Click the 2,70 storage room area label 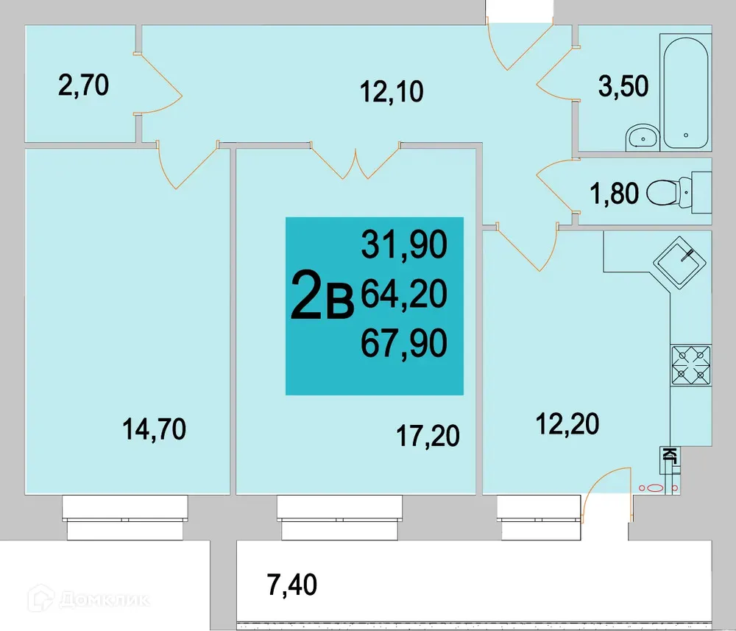[83, 85]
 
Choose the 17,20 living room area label [428, 435]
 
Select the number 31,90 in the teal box [404, 245]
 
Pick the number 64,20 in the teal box [404, 295]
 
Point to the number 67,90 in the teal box [404, 344]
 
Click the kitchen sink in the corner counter [682, 258]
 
